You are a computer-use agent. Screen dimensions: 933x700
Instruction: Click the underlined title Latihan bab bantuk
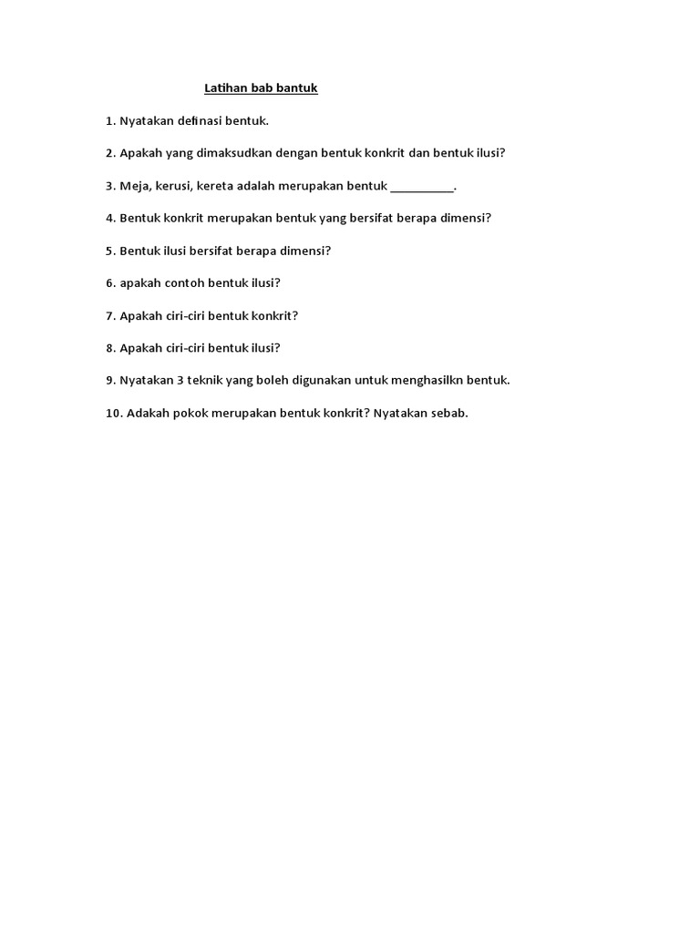point(260,88)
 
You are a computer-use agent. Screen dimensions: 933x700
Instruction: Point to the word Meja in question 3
point(134,186)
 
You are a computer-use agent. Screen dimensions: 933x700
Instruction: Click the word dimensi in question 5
point(304,251)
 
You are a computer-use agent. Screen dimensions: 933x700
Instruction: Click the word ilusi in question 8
point(263,347)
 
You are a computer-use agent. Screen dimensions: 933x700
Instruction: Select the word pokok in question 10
point(188,413)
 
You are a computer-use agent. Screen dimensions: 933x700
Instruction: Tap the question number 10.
point(113,413)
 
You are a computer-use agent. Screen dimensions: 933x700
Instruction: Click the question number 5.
point(109,251)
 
